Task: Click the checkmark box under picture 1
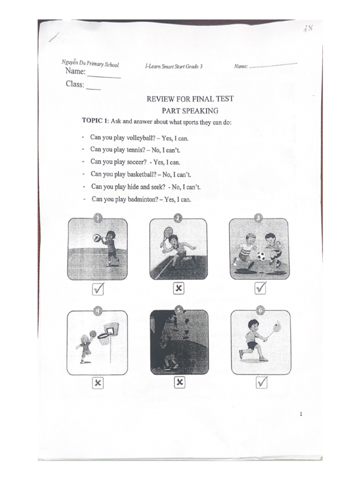[98, 290]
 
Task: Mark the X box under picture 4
[97, 383]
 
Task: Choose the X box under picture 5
[180, 382]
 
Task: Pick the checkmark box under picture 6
[261, 383]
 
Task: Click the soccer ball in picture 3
[261, 256]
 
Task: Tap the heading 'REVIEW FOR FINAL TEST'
[190, 99]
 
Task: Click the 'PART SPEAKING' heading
[190, 111]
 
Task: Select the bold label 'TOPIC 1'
[96, 121]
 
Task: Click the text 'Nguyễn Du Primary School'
[90, 64]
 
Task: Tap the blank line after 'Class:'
[93, 88]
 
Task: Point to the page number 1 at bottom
[301, 414]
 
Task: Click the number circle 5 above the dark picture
[179, 310]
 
